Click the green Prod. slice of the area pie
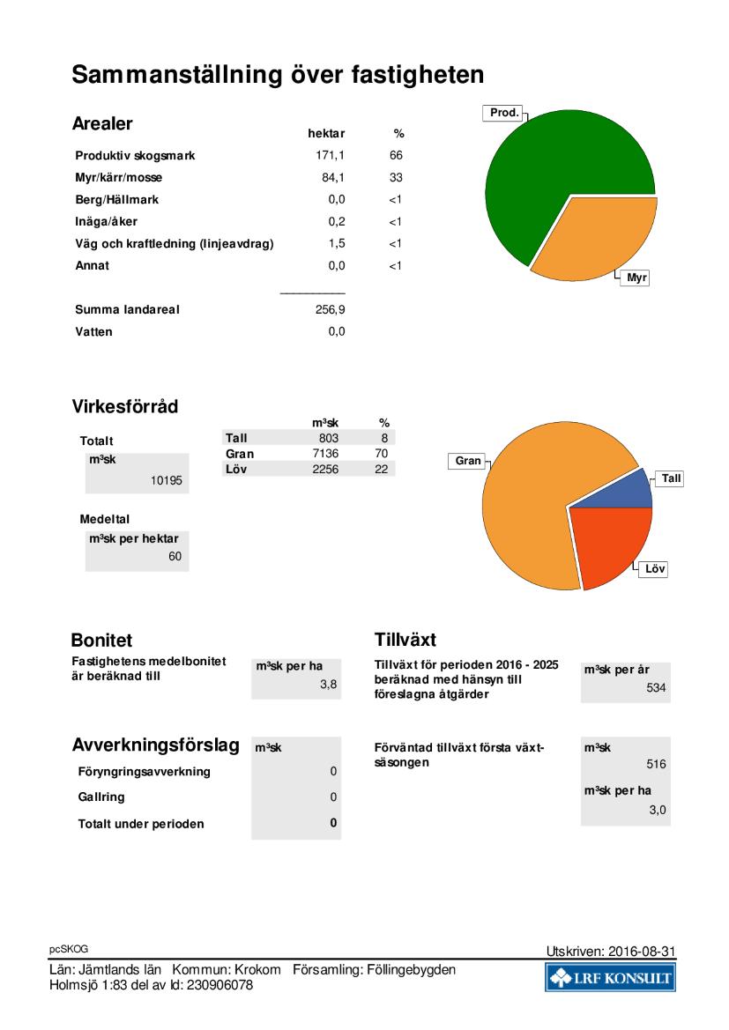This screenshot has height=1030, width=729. (552, 164)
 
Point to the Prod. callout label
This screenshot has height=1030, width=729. (504, 113)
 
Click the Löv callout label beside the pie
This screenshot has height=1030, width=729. (655, 569)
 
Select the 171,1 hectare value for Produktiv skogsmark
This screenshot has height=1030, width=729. (330, 156)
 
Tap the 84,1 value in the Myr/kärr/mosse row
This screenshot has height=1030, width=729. (333, 177)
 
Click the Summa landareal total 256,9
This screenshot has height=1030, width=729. (330, 309)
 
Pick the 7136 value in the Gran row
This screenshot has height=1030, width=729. (325, 454)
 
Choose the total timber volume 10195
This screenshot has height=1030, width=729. (167, 480)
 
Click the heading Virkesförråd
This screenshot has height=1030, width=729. (125, 406)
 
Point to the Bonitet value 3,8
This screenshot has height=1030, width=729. (329, 685)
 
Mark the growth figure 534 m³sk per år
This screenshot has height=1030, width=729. (656, 688)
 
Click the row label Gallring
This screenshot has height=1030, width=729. (101, 797)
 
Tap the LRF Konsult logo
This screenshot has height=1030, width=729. (610, 977)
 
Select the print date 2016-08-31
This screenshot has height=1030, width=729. (642, 952)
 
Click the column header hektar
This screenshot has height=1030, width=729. (326, 133)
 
